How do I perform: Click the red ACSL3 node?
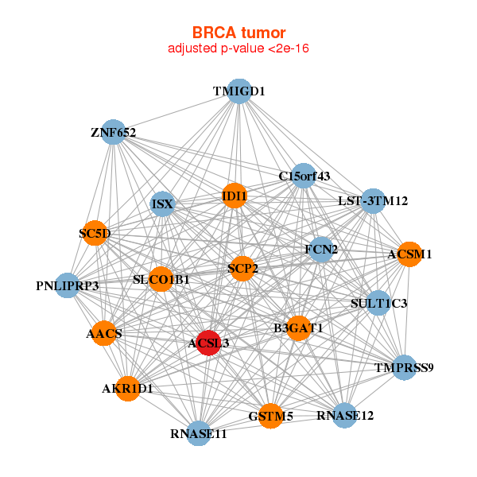pos(208,343)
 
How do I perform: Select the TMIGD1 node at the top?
pos(238,91)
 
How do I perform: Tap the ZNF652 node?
pos(114,132)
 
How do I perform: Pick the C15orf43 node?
pos(304,175)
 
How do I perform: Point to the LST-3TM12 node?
pos(373,201)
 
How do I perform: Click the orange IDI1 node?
pos(234,196)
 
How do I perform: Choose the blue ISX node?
pos(162,204)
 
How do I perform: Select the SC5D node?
pos(95,233)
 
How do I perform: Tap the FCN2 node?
pos(321,250)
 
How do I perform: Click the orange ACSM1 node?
pos(409,254)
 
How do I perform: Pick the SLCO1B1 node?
pos(161,279)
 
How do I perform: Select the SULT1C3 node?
pos(378,303)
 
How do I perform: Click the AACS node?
pos(104,333)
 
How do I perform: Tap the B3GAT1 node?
pos(297,328)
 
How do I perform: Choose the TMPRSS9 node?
pos(405,367)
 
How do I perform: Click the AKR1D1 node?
pos(127,389)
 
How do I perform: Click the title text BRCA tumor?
pos(238,33)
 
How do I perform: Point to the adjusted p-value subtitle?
pos(238,48)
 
